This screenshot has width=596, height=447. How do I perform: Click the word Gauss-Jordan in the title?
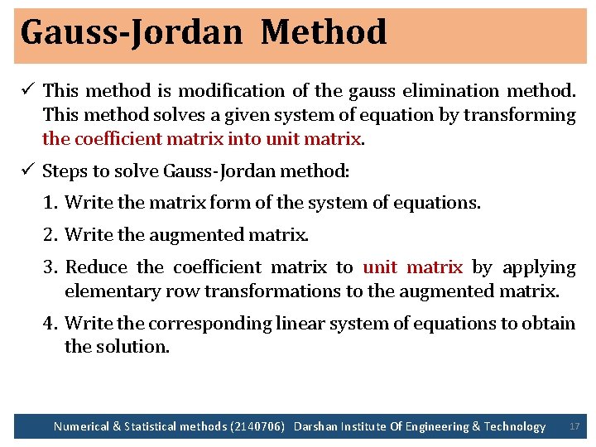[x=131, y=33]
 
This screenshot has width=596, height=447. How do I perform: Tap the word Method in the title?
[x=324, y=32]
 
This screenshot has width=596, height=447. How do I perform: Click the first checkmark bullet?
[x=29, y=89]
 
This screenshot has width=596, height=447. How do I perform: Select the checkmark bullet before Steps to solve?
[x=29, y=171]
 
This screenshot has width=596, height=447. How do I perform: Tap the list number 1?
[x=49, y=202]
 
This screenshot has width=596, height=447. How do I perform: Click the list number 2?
[x=50, y=235]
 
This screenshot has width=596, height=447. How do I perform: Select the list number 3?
[x=50, y=267]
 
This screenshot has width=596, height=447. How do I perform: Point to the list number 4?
[x=50, y=323]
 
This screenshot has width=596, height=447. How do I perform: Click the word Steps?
[x=64, y=171]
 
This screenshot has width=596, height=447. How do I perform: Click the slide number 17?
[x=574, y=426]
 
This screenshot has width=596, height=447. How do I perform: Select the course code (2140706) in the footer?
[x=257, y=426]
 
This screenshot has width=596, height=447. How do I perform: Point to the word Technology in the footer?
[x=515, y=426]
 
